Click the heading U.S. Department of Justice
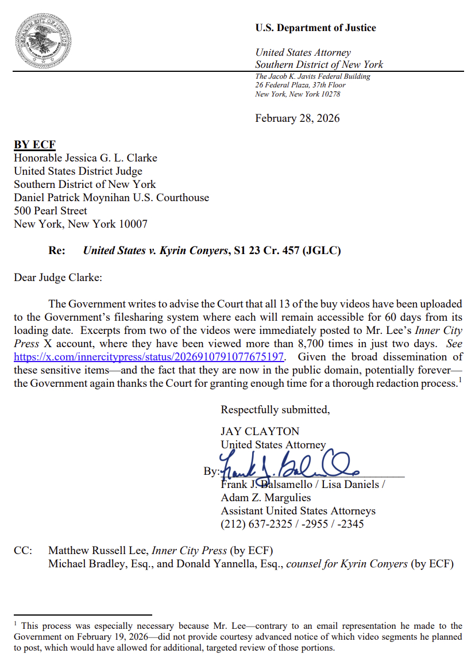pyautogui.click(x=315, y=28)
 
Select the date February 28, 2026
pyautogui.click(x=297, y=118)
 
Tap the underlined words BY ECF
pyautogui.click(x=34, y=145)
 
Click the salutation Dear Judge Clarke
pyautogui.click(x=57, y=278)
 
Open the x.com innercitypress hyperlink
pyautogui.click(x=149, y=356)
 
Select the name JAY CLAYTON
pyautogui.click(x=260, y=431)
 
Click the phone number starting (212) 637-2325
pyautogui.click(x=292, y=524)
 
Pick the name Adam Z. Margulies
pyautogui.click(x=265, y=498)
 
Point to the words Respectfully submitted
pyautogui.click(x=275, y=410)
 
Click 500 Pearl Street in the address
pyautogui.click(x=51, y=211)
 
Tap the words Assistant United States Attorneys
pyautogui.click(x=298, y=511)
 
